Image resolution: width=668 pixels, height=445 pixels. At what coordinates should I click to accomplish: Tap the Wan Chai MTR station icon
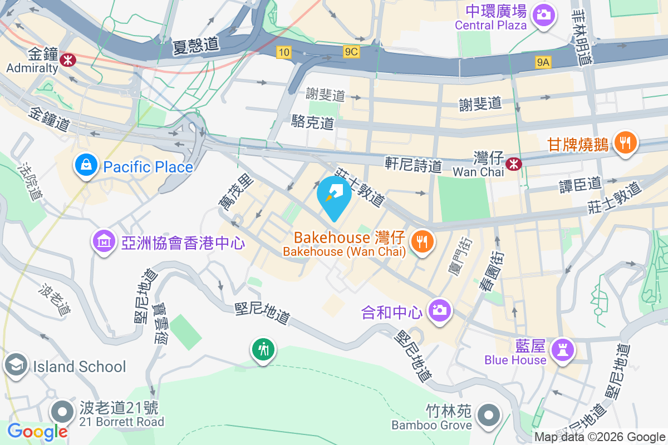tap(514, 163)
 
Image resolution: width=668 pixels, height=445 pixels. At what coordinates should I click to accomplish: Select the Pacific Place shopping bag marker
tap(86, 166)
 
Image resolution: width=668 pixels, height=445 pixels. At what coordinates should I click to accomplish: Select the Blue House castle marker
tap(562, 350)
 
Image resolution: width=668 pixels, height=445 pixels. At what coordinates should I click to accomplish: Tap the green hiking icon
tap(263, 350)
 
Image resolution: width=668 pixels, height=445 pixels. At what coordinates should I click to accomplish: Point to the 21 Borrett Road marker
tap(62, 412)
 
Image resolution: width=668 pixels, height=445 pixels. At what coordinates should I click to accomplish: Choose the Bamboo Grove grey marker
tap(489, 414)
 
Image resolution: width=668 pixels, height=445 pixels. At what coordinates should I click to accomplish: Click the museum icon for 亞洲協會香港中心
tap(104, 242)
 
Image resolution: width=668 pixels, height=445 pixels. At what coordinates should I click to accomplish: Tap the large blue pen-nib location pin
tap(334, 196)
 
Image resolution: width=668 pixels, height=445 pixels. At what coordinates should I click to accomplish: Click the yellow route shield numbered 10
tap(284, 52)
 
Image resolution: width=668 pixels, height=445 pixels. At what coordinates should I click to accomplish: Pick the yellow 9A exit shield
tap(543, 62)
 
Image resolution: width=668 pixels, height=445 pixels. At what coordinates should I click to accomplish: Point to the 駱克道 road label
tap(313, 122)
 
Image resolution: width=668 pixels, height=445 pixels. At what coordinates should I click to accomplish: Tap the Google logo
tap(37, 431)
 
